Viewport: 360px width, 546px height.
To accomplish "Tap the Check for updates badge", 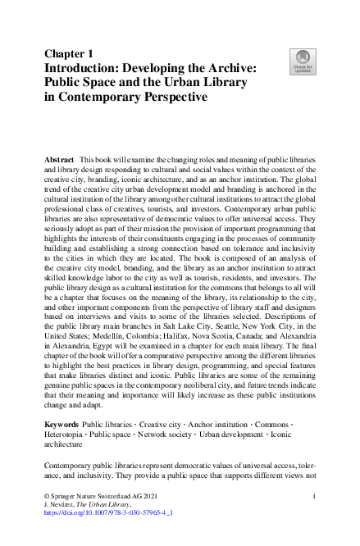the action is [x=303, y=61].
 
